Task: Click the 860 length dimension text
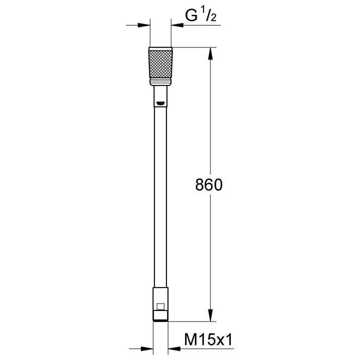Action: (207, 185)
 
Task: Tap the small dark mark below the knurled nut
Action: (160, 103)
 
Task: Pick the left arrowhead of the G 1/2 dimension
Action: (146, 24)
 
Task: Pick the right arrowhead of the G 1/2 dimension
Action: (175, 24)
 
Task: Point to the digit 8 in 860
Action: (198, 185)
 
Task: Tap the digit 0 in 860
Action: (216, 185)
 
